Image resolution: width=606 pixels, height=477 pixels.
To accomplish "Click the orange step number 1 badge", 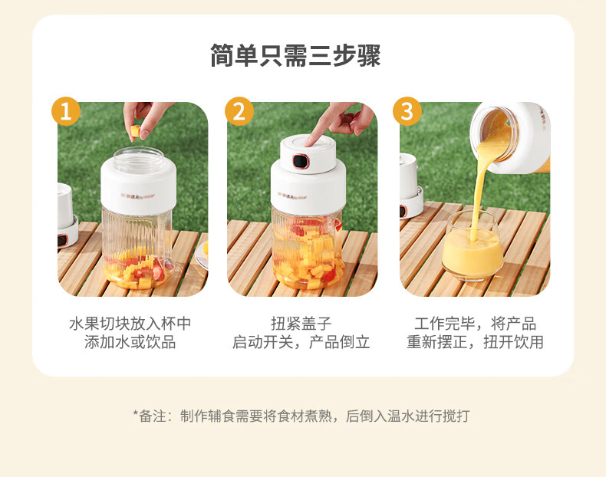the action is coord(66,111).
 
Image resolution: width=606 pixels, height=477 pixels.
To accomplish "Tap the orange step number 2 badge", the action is coord(239,111).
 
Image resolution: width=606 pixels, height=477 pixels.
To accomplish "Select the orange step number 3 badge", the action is coord(407,111).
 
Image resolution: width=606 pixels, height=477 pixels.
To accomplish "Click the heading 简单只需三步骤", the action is coord(295,56).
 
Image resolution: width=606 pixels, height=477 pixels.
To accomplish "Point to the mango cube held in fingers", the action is coord(135,130).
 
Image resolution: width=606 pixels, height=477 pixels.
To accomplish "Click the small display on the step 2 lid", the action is coord(300,161).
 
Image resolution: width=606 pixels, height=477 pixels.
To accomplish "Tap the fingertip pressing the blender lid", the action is coord(308,143).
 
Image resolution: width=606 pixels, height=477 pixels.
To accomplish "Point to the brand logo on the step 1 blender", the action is coord(138,196).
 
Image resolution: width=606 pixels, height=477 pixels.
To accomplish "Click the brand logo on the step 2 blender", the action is coord(292,196).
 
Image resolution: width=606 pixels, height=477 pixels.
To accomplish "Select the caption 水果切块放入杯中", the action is coord(130,324).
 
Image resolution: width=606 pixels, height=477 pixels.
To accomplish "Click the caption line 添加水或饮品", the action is coord(130,342).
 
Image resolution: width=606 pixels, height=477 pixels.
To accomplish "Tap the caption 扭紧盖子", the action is coord(301,324).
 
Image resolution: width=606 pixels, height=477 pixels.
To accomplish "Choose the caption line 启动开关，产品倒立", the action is coord(301,342).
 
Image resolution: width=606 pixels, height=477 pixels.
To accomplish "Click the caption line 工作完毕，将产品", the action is coord(476,324).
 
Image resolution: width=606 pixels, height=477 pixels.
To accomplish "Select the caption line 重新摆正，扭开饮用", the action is coord(476,342).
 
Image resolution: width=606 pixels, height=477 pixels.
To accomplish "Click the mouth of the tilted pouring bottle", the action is coord(494,133).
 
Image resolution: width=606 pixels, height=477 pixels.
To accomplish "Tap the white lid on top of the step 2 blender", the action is coord(308,153).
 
